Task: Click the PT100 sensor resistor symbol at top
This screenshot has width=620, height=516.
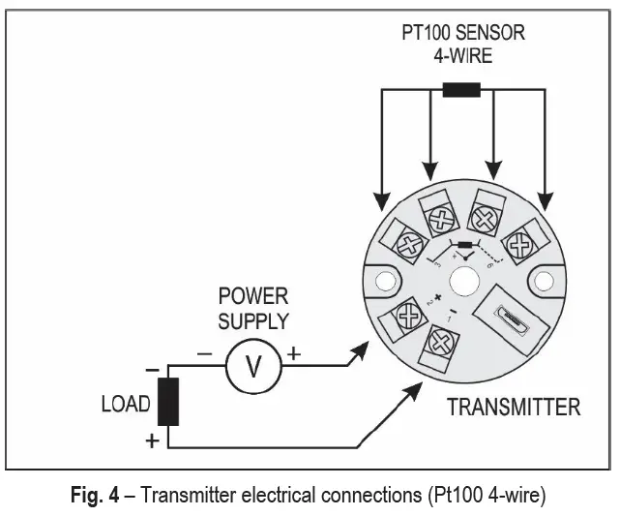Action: click(461, 92)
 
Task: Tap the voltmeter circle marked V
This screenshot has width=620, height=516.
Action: click(252, 366)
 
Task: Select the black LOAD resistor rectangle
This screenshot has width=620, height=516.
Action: click(168, 403)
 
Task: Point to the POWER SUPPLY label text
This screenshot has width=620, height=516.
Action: click(252, 308)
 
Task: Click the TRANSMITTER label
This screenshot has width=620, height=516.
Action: click(514, 407)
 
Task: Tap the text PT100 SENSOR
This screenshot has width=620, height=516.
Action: click(463, 33)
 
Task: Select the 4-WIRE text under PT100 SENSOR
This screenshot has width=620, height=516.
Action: click(463, 55)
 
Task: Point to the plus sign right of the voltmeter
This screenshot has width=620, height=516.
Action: click(294, 354)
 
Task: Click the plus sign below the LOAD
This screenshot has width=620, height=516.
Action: click(151, 441)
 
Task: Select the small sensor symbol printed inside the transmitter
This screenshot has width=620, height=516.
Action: click(466, 245)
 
